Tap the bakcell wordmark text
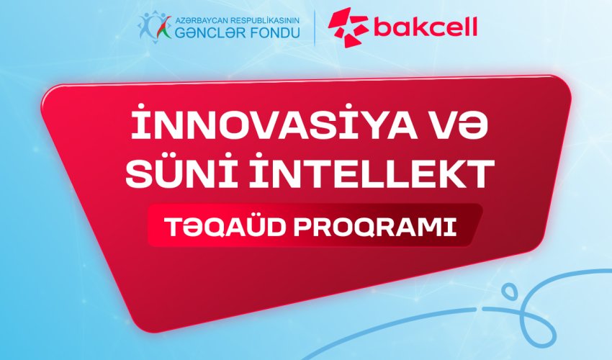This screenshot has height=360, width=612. point(425,28)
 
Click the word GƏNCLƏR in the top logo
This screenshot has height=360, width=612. point(205,32)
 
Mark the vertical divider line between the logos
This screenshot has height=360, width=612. point(313,27)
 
